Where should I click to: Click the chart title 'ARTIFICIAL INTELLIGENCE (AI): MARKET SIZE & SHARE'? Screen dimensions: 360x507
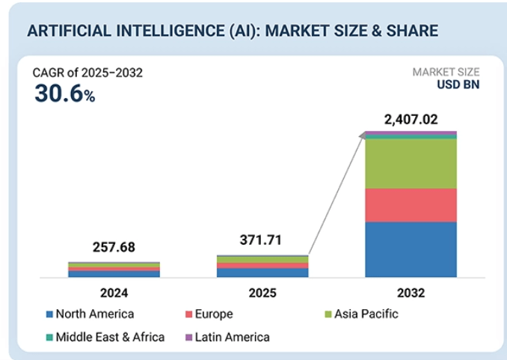click(232, 31)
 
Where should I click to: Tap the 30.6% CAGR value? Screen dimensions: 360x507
click(64, 94)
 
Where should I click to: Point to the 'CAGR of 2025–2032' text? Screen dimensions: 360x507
click(87, 73)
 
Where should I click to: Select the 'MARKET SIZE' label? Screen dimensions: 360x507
click(446, 72)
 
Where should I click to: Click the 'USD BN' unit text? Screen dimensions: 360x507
click(458, 85)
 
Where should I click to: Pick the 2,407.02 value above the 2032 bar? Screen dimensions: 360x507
click(410, 119)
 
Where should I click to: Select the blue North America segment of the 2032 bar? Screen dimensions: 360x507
click(410, 249)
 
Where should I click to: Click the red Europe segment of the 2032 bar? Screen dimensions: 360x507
click(410, 204)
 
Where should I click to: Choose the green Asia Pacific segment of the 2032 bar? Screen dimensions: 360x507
click(410, 163)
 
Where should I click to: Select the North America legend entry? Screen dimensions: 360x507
click(90, 314)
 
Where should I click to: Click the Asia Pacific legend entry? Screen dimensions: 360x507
click(359, 314)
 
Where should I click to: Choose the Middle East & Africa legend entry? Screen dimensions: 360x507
click(105, 337)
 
